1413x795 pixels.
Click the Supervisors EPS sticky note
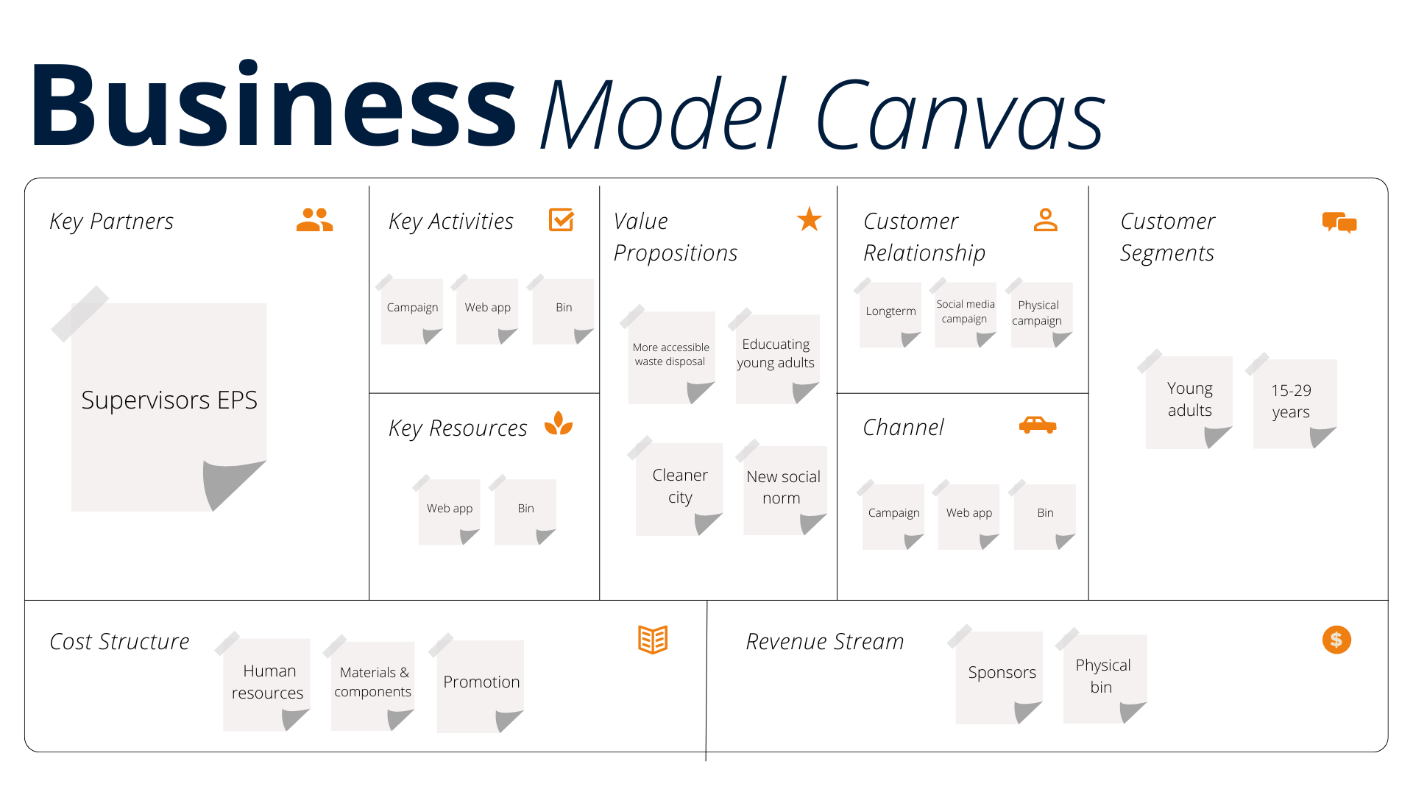coord(169,401)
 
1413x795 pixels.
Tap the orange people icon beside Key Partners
coord(314,220)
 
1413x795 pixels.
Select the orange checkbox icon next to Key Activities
coord(561,219)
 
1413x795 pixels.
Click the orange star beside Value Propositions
coord(809,219)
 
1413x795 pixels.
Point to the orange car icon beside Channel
coord(1038,425)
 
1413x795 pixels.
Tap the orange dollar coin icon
coord(1336,640)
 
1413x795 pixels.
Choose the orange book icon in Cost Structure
coord(652,640)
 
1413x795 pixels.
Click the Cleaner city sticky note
coord(679,487)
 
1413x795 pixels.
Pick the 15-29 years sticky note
coord(1292,402)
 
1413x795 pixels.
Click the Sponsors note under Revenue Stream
coord(1000,674)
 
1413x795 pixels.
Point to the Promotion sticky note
coord(481,683)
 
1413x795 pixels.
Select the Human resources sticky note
coord(267,682)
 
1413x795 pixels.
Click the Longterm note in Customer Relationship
coord(890,312)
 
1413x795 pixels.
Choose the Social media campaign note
coord(965,312)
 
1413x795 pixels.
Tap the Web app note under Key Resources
coord(449,509)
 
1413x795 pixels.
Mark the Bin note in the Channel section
coord(1044,514)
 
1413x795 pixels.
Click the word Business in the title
coord(272,107)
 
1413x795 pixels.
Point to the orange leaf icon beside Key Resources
coord(559,423)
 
